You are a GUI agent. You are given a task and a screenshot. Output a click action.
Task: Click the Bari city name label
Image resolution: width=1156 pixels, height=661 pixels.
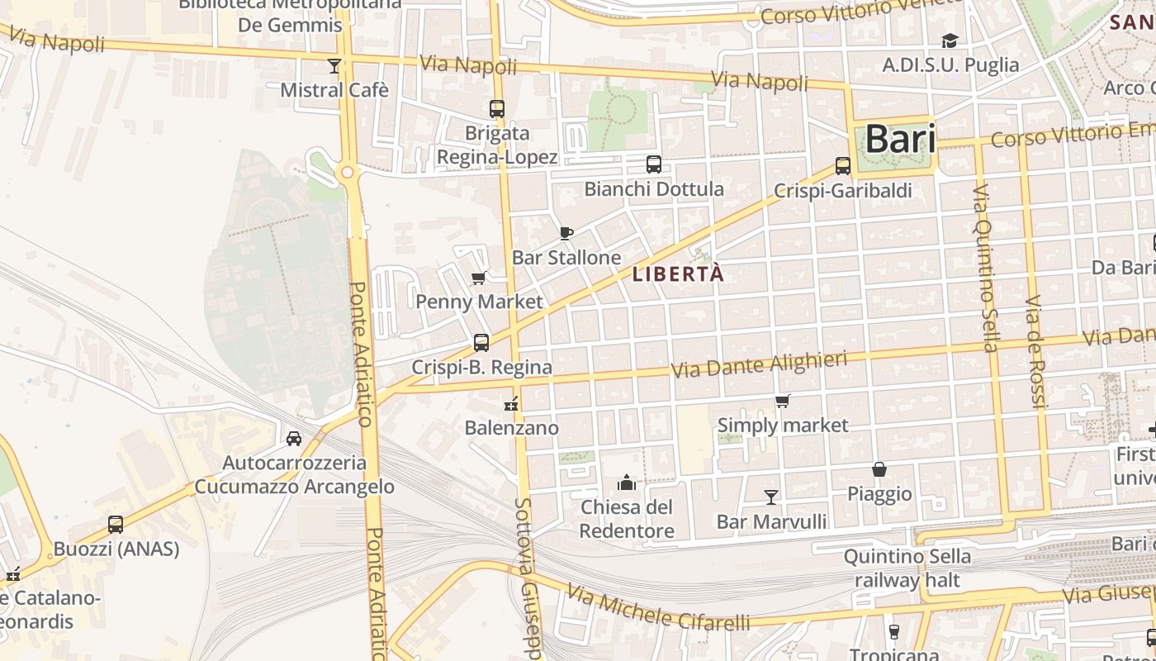pyautogui.click(x=900, y=140)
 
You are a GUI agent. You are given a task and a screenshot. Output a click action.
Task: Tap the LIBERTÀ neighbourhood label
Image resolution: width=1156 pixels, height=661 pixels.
pyautogui.click(x=678, y=274)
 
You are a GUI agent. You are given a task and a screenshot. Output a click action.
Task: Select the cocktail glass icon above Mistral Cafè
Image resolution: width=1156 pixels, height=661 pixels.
pyautogui.click(x=334, y=65)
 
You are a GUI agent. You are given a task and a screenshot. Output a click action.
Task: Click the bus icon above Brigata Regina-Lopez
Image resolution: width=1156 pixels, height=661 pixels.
pyautogui.click(x=497, y=108)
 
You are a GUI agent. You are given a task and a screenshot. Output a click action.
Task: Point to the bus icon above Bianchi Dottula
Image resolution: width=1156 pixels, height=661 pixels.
pyautogui.click(x=654, y=164)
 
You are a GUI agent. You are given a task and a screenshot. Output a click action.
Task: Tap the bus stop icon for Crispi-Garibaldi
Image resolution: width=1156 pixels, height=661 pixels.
pyautogui.click(x=843, y=166)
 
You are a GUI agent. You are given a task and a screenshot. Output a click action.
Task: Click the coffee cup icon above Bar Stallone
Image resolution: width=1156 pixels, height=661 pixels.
pyautogui.click(x=566, y=233)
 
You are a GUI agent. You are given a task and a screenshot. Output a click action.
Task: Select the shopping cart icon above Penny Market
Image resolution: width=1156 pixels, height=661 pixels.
pyautogui.click(x=479, y=278)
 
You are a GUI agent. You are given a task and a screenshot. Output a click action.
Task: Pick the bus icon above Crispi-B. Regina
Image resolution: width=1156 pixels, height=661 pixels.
pyautogui.click(x=481, y=342)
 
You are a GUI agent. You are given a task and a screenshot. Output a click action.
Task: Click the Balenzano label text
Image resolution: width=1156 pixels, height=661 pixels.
pyautogui.click(x=511, y=428)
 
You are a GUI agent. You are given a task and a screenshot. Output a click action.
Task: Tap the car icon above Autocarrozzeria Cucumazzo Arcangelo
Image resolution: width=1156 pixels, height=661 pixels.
pyautogui.click(x=294, y=438)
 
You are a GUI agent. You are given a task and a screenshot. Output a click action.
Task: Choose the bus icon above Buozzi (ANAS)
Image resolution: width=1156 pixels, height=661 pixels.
pyautogui.click(x=116, y=524)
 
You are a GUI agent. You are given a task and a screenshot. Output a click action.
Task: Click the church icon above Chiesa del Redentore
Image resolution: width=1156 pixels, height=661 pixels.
pyautogui.click(x=627, y=482)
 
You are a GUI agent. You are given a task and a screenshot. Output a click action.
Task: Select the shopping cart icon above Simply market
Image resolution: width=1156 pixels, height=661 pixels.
pyautogui.click(x=783, y=401)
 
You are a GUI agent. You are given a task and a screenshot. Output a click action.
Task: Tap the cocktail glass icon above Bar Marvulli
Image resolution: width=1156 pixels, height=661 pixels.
pyautogui.click(x=771, y=497)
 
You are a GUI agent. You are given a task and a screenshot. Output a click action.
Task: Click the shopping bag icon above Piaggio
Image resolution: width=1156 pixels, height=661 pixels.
pyautogui.click(x=880, y=469)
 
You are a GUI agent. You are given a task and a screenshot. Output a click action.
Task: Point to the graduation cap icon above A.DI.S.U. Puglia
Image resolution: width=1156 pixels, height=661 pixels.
pyautogui.click(x=950, y=40)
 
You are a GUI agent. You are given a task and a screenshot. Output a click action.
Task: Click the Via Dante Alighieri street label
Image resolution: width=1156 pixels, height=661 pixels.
pyautogui.click(x=760, y=365)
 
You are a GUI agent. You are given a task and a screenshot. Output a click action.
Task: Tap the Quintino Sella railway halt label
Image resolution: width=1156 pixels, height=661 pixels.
pyautogui.click(x=907, y=568)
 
